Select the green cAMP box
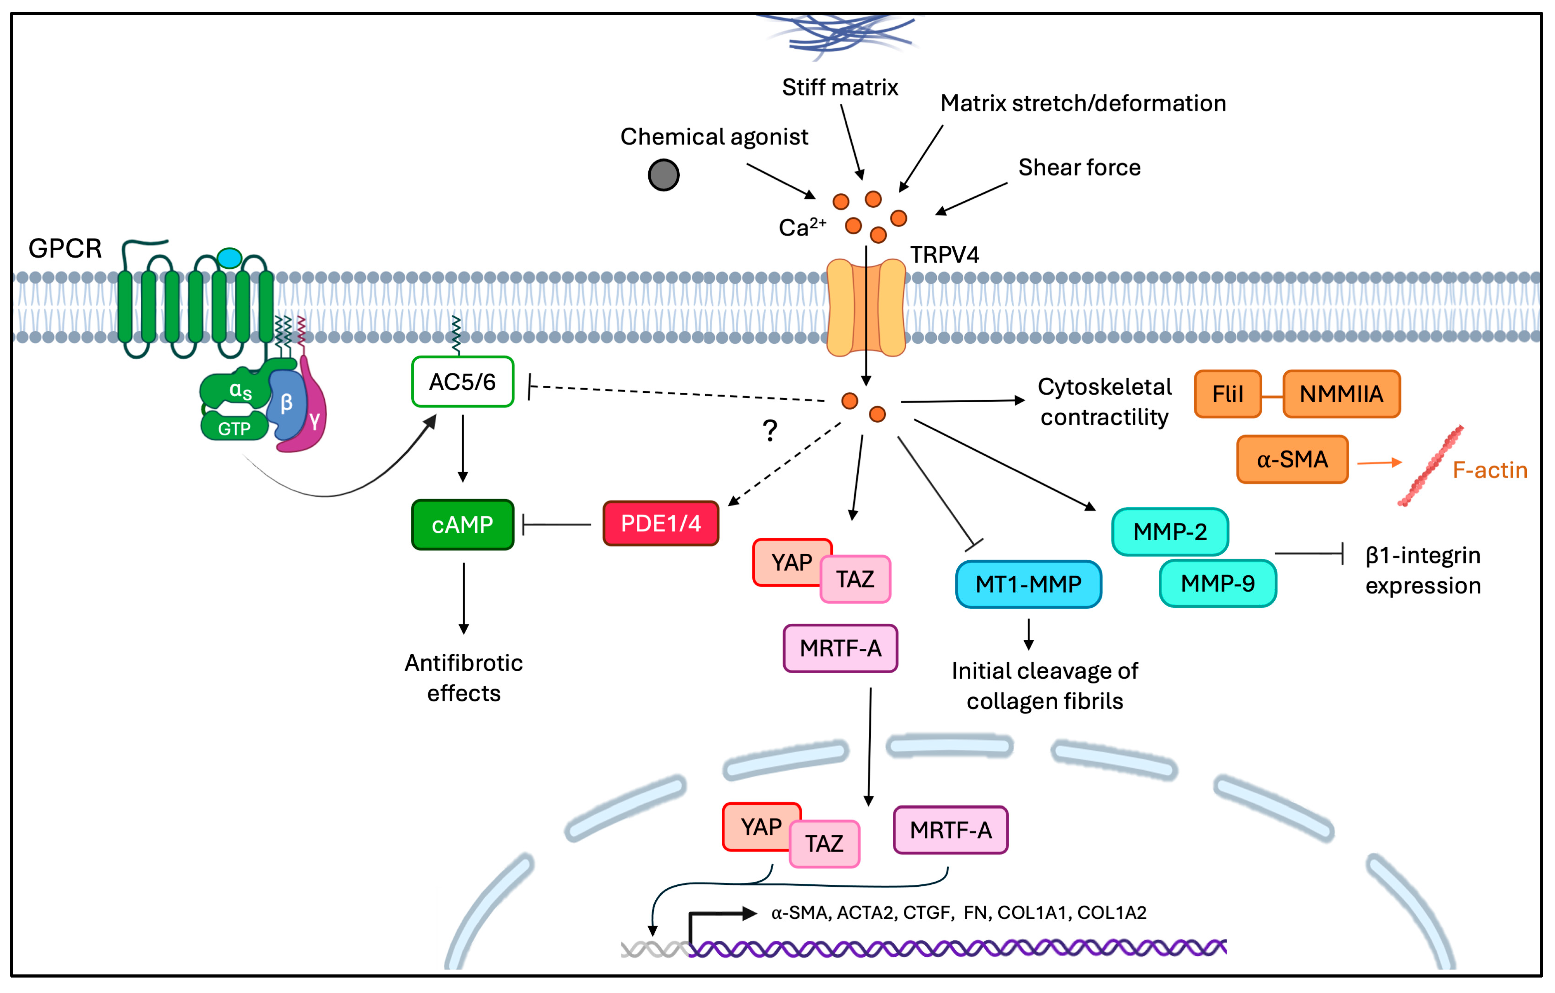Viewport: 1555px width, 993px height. tap(462, 525)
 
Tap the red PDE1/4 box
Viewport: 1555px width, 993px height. tap(661, 523)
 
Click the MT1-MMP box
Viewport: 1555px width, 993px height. tap(1028, 584)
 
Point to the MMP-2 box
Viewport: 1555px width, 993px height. tap(1170, 532)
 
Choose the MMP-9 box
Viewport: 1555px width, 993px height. tap(1217, 584)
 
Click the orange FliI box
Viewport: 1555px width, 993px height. tap(1227, 394)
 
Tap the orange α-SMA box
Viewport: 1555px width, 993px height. tap(1292, 459)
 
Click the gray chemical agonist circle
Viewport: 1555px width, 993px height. tap(663, 175)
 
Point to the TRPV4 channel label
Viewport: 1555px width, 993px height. tap(944, 255)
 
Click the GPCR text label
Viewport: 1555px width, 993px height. tap(65, 249)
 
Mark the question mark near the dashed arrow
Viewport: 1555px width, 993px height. tap(770, 430)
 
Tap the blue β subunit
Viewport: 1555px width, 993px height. tap(286, 404)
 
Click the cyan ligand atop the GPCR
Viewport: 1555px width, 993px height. tap(229, 258)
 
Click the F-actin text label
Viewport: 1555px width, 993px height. tap(1490, 470)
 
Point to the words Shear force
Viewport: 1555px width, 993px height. tap(1079, 167)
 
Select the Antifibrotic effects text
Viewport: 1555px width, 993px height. tap(464, 678)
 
